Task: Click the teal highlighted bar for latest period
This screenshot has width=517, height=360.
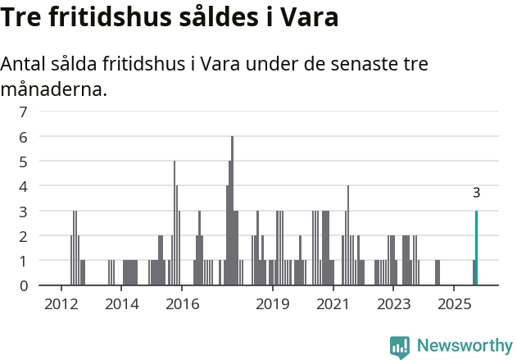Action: pos(476,248)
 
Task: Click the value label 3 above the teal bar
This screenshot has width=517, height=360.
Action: pos(476,194)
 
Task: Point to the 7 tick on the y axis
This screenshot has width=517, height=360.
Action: pos(23,112)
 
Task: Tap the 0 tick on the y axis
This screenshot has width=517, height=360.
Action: pos(23,285)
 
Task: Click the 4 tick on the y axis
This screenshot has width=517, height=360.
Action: pos(23,186)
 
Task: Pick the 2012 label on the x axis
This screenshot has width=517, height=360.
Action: pos(61,304)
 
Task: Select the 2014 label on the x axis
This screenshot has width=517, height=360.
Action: pos(121,304)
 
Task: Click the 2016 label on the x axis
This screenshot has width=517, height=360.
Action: pos(182,304)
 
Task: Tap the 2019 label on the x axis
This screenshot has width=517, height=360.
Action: pos(273,304)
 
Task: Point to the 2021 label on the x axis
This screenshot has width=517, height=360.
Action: pos(333,304)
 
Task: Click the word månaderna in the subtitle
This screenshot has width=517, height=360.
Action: pos(53,89)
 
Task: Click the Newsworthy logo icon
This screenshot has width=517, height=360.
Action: pos(400,346)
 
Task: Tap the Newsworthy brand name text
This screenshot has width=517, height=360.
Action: pos(464,346)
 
